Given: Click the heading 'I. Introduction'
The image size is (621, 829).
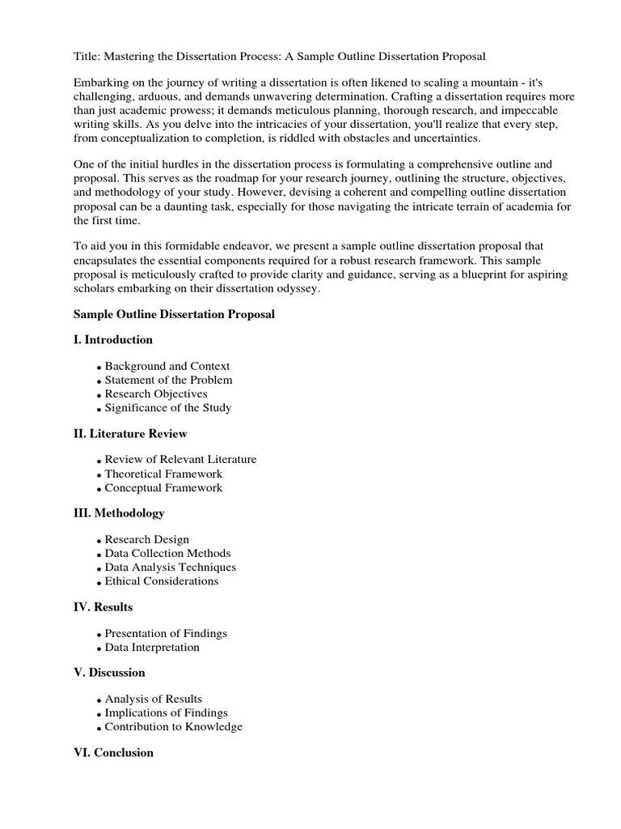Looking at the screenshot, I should [112, 340].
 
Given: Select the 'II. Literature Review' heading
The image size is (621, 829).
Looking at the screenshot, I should [130, 434].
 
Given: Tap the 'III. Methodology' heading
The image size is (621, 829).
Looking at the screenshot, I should [119, 513].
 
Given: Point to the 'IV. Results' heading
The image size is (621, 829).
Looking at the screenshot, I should [103, 606].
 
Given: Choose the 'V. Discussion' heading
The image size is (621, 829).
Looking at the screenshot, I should [109, 673].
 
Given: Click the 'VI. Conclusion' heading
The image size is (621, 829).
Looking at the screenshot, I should [113, 753].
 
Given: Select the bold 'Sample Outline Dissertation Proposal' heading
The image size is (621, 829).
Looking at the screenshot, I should [174, 314].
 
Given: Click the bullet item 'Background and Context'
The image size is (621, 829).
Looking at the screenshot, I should [167, 366].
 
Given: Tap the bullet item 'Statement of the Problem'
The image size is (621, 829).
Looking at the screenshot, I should [168, 380].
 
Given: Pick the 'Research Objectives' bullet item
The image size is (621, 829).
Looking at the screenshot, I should [156, 393].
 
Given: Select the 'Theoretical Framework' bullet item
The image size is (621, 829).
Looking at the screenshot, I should [163, 474].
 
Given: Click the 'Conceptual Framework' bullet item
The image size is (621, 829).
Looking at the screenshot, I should [163, 487].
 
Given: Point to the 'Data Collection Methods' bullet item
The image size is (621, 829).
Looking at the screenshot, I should [167, 553].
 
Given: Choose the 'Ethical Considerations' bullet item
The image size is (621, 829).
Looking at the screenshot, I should [162, 580].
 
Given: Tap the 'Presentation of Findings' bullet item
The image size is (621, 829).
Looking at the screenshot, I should [166, 633].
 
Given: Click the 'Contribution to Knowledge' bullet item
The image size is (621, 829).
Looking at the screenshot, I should [173, 726].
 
